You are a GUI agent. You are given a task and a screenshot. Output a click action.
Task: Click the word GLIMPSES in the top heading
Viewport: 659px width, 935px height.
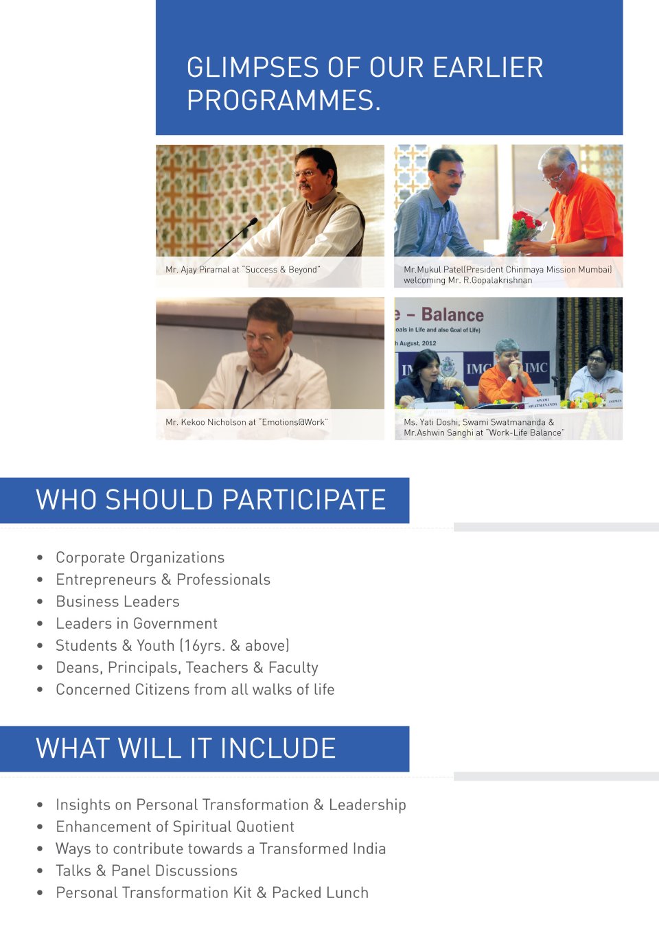tap(253, 67)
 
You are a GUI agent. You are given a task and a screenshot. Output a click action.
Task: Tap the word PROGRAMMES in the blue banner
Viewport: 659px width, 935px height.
tap(284, 100)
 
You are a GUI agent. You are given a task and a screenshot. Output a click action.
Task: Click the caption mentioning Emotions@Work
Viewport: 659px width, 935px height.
tap(246, 422)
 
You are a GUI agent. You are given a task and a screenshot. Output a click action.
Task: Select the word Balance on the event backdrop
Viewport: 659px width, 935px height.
tap(452, 314)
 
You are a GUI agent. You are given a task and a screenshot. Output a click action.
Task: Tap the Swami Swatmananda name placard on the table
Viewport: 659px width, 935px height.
tap(542, 402)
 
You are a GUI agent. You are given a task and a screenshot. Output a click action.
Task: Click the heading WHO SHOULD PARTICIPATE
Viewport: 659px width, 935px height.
tap(211, 499)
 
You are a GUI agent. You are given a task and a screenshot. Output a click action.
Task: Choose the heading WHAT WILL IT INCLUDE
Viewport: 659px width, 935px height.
tap(186, 748)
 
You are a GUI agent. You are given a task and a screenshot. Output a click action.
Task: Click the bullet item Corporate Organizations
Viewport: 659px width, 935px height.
tap(140, 557)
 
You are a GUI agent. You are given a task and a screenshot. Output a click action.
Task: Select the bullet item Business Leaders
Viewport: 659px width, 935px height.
tap(117, 601)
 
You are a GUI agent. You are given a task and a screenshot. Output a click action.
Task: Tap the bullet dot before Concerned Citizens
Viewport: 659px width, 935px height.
tap(40, 689)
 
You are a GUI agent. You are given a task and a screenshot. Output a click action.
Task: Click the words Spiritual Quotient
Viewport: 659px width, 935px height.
tap(233, 827)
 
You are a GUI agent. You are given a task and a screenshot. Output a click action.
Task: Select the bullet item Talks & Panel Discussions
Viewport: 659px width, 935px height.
tap(146, 870)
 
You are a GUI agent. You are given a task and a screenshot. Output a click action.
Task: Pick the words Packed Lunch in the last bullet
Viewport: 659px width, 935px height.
tap(320, 893)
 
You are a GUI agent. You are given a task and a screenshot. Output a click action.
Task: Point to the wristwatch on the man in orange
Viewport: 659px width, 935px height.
tap(553, 250)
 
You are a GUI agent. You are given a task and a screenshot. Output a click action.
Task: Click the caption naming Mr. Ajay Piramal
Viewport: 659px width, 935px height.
tap(243, 270)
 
